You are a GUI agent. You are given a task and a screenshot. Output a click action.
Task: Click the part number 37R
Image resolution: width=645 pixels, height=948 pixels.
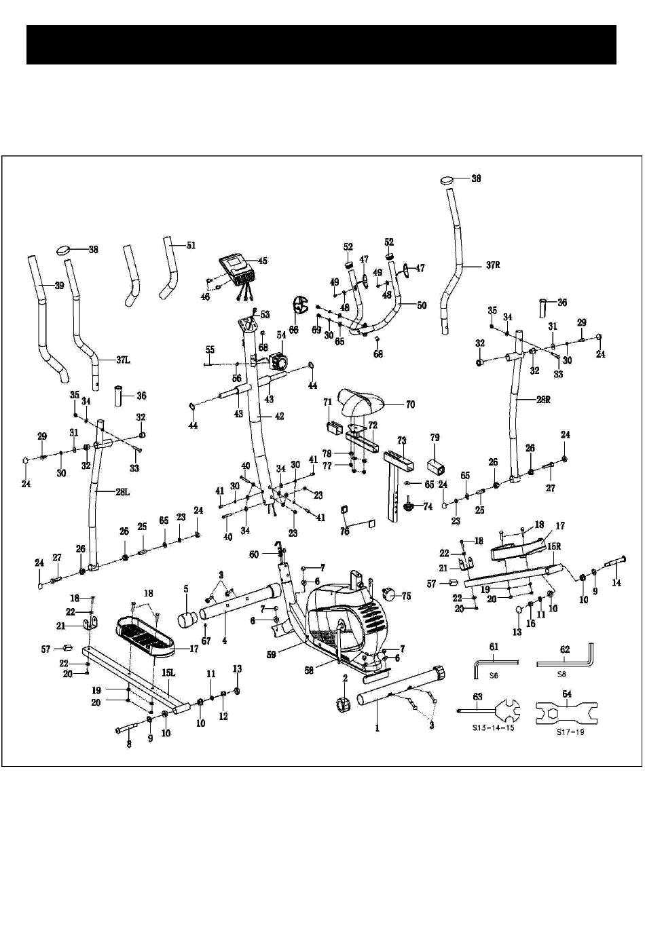(x=492, y=265)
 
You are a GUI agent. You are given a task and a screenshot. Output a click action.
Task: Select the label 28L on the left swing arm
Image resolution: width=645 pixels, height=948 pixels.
(x=122, y=492)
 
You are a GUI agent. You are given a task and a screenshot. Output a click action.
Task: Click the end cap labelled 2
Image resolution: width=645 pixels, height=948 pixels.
(x=344, y=702)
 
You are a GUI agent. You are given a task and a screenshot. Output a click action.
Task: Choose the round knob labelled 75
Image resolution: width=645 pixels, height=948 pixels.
(x=388, y=595)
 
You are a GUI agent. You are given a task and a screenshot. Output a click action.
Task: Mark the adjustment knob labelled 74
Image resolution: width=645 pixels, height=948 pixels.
(x=409, y=506)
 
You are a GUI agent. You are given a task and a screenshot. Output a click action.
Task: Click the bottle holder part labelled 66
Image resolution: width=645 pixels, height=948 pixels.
(x=299, y=306)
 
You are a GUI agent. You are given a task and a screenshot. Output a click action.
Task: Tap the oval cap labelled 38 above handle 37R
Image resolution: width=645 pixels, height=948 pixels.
(x=449, y=181)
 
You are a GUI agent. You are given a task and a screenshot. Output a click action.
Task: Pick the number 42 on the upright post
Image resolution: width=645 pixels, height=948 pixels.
(x=278, y=416)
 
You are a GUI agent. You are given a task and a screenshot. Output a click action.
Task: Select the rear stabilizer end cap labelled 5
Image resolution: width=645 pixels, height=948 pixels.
(x=188, y=618)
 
